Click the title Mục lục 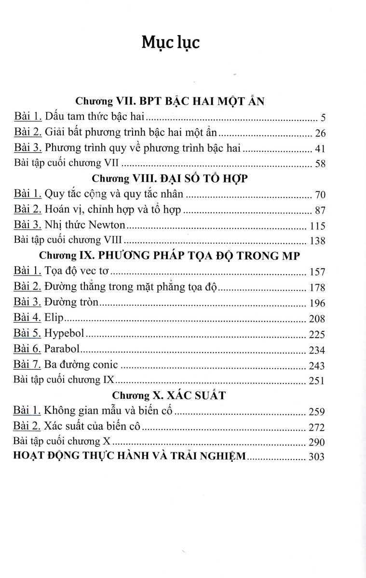(x=171, y=43)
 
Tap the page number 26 (x=320, y=132)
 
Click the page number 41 (x=320, y=148)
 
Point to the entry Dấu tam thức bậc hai (x=95, y=117)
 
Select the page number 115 (x=317, y=225)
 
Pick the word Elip (x=54, y=318)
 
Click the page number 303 (x=316, y=457)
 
